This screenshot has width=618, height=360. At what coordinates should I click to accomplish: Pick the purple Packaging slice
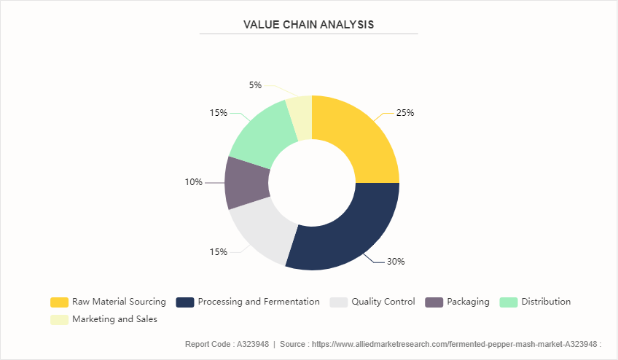pos(241,182)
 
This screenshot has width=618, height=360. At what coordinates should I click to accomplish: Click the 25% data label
pos(404,113)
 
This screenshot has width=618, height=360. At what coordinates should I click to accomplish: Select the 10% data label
pos(193,182)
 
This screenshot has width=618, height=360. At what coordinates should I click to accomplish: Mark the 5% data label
pos(255,85)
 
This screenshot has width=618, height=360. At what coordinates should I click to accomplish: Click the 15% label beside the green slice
pos(219,113)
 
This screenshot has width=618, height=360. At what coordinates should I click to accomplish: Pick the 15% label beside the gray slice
pos(219,252)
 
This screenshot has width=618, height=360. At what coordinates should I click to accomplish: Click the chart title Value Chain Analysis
pos(308,24)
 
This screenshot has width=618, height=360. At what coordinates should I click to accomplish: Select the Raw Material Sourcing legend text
pos(119,302)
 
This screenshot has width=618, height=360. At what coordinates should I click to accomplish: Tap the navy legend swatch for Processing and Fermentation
pos(185,302)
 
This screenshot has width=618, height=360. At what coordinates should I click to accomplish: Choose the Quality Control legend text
pos(383,302)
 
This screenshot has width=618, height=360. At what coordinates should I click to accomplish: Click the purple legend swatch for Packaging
pos(434,302)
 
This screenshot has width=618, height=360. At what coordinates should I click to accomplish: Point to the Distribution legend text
pos(546,302)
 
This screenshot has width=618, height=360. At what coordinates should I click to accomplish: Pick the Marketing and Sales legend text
pos(114,319)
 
